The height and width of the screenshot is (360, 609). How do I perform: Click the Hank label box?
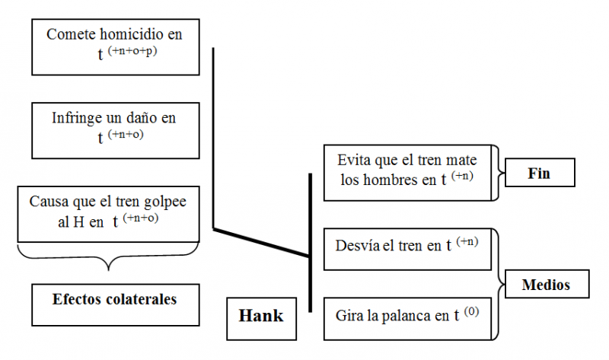pos(261,317)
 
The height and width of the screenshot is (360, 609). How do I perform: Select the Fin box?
pos(539,174)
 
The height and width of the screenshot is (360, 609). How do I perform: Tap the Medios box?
pos(546,286)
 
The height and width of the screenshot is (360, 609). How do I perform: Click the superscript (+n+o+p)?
pos(139,52)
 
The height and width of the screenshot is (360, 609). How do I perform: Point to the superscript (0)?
pos(471,311)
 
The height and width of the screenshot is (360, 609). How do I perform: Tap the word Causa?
pos(47,202)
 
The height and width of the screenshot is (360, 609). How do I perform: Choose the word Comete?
pos(67,34)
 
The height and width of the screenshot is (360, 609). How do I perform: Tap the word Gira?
pos(349,314)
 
